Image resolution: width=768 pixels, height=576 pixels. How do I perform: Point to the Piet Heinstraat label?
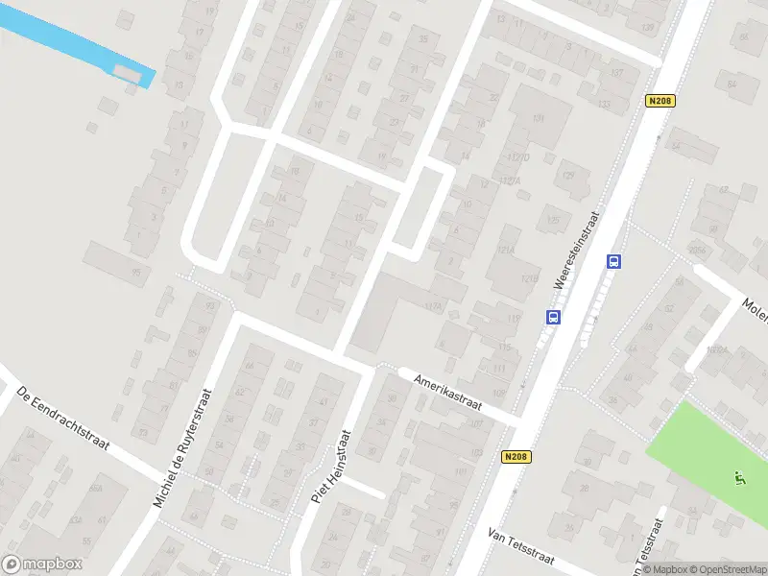tap(332, 468)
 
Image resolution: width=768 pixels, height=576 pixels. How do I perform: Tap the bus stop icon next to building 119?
tap(553, 317)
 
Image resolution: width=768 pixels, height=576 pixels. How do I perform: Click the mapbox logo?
tap(42, 564)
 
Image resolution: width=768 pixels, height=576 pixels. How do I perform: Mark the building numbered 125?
tap(552, 221)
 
